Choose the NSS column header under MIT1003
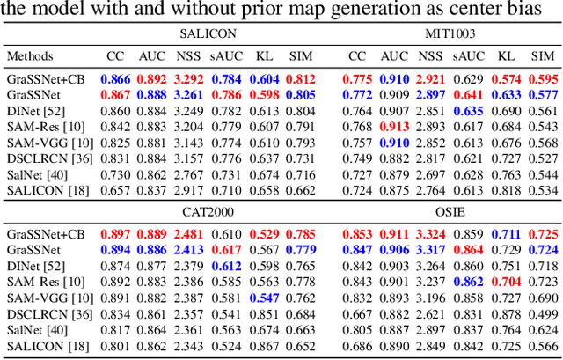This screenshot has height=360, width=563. pyautogui.click(x=430, y=56)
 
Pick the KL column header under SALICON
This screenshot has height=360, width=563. pyautogui.click(x=264, y=56)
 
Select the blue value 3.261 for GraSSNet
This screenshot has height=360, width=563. pyautogui.click(x=188, y=94)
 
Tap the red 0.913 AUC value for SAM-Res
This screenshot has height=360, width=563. pyautogui.click(x=394, y=126)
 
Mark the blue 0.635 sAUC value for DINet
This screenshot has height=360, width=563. pyautogui.click(x=469, y=110)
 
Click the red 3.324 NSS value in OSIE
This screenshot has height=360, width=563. pyautogui.click(x=430, y=234)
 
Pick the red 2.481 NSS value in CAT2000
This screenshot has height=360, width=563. pyautogui.click(x=188, y=234)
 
